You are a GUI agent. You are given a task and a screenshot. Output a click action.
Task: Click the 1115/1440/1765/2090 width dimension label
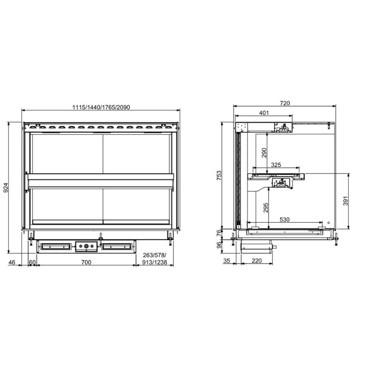(101, 107)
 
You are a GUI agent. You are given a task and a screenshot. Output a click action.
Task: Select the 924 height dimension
(6, 188)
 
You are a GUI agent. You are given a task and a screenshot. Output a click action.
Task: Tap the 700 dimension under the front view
(86, 262)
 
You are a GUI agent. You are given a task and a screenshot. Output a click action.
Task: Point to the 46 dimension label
(12, 262)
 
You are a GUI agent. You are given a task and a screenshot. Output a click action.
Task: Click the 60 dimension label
(32, 262)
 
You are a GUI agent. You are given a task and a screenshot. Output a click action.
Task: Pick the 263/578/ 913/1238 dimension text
(155, 259)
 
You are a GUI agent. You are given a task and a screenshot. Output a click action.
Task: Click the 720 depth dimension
(285, 103)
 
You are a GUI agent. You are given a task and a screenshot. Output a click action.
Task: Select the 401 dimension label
(264, 113)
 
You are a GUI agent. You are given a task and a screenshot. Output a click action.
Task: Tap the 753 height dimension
(218, 175)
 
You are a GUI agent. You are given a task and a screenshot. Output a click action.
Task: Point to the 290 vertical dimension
(264, 153)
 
